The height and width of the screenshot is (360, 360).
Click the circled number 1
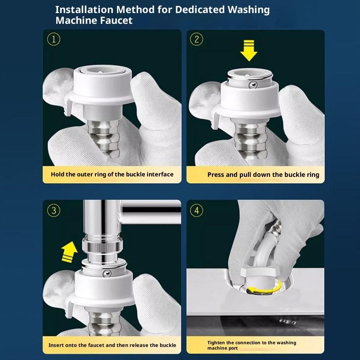[54, 39]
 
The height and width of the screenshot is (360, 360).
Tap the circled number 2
[197, 39]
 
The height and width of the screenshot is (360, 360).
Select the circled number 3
[54, 211]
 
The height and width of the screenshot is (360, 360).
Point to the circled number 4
[197, 211]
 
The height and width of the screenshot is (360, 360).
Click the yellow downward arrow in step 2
[249, 51]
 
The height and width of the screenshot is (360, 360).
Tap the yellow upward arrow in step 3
[69, 252]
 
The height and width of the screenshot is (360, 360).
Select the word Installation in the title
[84, 9]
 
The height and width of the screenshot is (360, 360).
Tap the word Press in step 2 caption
[216, 175]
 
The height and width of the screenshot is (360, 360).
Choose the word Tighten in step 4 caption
[216, 343]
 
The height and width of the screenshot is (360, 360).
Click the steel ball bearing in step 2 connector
[253, 85]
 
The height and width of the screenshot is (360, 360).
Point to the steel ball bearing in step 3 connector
[107, 273]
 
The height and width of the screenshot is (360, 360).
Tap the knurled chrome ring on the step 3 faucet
[103, 247]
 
